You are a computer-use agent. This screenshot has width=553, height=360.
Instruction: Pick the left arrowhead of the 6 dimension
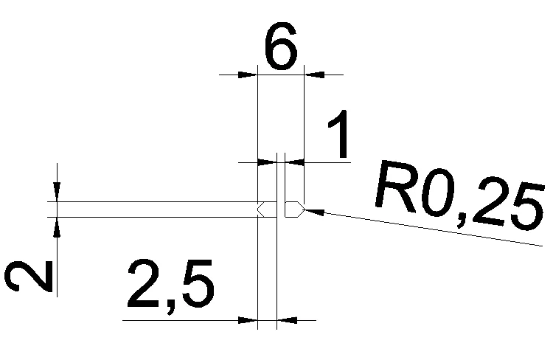pyautogui.click(x=248, y=74)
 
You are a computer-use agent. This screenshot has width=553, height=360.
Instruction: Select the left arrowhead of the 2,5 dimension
pyautogui.click(x=249, y=320)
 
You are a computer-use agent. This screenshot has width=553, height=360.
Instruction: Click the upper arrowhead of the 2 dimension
pyautogui.click(x=56, y=193)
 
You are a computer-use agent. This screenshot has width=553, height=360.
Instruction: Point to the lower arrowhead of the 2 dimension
pyautogui.click(x=56, y=225)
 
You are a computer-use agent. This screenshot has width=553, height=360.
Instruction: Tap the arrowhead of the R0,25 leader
pyautogui.click(x=310, y=211)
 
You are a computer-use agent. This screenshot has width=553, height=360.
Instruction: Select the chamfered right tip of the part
pyautogui.click(x=298, y=210)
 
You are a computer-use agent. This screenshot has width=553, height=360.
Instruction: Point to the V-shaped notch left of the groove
pyautogui.click(x=260, y=210)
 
